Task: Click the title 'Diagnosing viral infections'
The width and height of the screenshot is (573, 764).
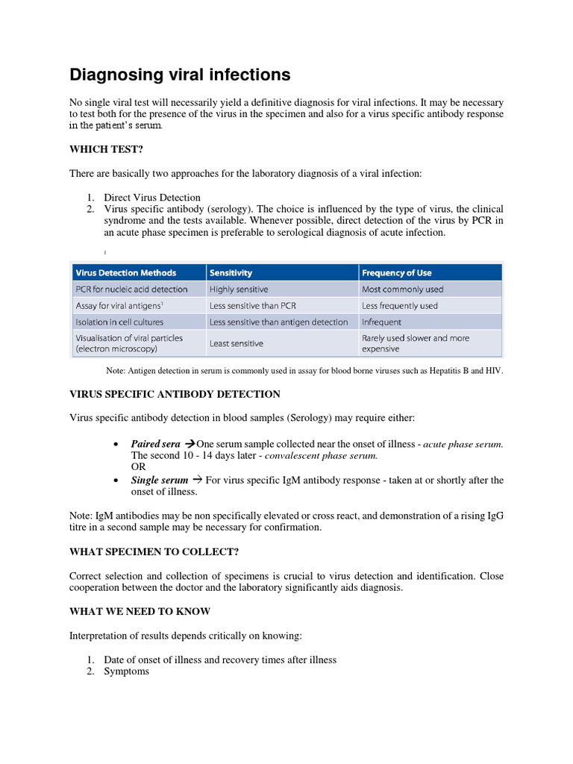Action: (x=180, y=75)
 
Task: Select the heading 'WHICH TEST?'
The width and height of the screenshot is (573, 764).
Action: (x=106, y=149)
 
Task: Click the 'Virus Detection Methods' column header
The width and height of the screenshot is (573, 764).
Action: (x=126, y=272)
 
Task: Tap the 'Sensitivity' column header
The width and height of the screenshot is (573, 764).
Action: (x=231, y=272)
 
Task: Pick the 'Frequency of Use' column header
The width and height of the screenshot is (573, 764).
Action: (x=397, y=272)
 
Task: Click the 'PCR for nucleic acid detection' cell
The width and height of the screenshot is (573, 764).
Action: (x=132, y=289)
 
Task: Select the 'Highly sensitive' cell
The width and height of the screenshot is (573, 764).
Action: (x=239, y=289)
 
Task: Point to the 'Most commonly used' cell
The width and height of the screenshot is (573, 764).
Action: (x=402, y=289)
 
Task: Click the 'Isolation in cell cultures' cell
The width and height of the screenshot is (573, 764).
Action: (x=119, y=322)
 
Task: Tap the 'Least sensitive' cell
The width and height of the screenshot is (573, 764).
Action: (x=237, y=343)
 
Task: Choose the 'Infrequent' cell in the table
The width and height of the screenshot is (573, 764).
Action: (x=381, y=322)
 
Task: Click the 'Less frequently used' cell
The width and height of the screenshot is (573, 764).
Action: (x=400, y=306)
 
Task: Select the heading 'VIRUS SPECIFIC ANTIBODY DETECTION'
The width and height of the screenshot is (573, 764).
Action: (x=175, y=394)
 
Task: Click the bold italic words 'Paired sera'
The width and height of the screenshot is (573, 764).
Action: (x=155, y=444)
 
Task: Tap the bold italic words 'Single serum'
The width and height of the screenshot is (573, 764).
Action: (x=159, y=480)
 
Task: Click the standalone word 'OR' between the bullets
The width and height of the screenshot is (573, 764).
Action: (x=139, y=467)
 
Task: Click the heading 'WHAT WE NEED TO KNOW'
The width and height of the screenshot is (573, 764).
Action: (x=140, y=611)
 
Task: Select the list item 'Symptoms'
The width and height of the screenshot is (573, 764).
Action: (x=126, y=671)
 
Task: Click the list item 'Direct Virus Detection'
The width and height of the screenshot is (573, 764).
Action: (x=152, y=198)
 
